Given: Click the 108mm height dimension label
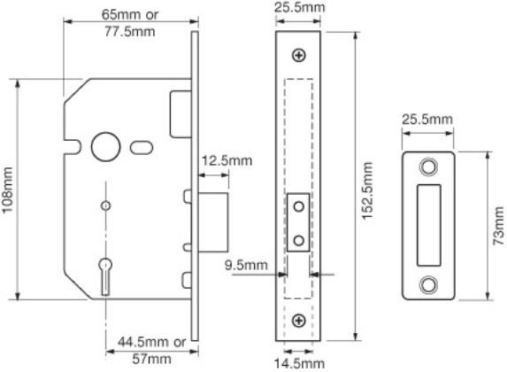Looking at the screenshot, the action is click(x=7, y=190).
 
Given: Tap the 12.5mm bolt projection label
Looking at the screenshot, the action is click(x=227, y=161).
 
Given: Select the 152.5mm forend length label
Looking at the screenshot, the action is click(x=367, y=191).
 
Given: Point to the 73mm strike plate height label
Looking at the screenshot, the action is click(x=499, y=226).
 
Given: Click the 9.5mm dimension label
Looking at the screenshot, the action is click(x=246, y=265).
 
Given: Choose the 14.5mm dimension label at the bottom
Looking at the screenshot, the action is click(x=299, y=363).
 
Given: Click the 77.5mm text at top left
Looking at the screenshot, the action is click(x=130, y=31).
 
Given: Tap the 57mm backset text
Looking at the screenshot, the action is click(x=151, y=359).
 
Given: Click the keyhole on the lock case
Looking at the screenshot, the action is click(x=105, y=276).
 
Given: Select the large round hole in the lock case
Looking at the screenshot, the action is click(x=105, y=147).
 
